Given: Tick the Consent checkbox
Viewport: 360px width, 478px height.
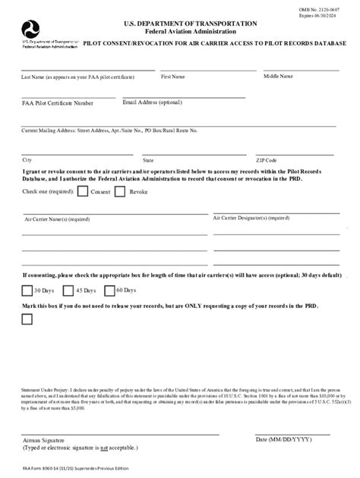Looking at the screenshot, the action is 83,193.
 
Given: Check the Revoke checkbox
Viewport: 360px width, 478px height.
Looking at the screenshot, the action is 120,193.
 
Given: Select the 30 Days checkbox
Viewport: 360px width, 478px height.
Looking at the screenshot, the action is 27,290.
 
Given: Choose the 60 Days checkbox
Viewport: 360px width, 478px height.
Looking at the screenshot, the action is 108,290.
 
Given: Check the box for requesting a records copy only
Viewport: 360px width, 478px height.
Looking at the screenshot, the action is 27,319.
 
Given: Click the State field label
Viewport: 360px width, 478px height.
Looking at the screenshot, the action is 148,161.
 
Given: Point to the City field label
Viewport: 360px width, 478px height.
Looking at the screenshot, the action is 27,160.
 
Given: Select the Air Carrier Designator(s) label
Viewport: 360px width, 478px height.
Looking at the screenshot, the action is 251,218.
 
